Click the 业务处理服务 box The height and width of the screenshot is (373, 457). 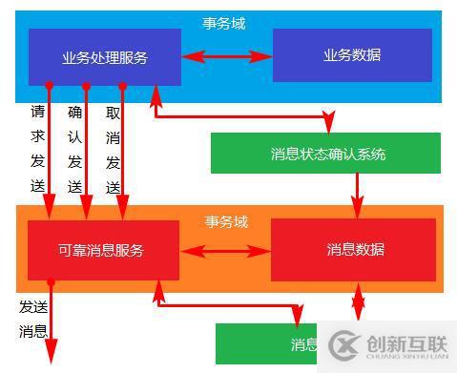point(105,57)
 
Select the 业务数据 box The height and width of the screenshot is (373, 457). point(352,55)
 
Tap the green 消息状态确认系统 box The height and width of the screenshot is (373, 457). point(325,154)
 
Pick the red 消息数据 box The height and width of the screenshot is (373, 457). point(355,250)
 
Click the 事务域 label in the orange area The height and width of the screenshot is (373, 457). point(226,222)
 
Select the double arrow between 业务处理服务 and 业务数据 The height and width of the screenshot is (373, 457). point(226,57)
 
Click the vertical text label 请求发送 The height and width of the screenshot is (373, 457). point(37,148)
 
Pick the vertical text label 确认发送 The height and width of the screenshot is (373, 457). point(75,148)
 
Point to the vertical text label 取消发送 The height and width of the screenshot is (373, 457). point(113,148)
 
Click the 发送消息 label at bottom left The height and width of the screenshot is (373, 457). point(32,320)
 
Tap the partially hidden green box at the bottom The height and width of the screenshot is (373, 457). point(267,343)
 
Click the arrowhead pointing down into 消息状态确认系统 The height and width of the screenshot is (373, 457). point(329,125)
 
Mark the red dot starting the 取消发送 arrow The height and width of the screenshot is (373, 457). point(122,87)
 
